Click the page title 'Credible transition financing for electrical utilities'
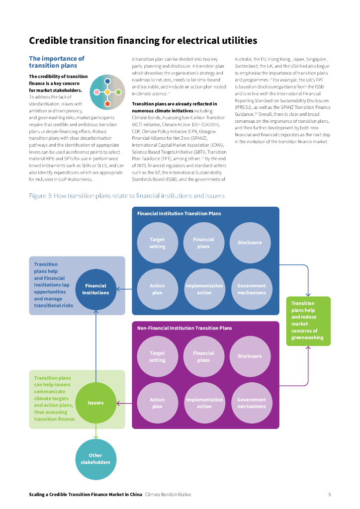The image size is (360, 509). (x=143, y=40)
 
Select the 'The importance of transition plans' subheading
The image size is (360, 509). (x=57, y=62)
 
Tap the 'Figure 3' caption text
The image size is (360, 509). (x=127, y=196)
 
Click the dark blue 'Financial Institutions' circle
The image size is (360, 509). (x=95, y=289)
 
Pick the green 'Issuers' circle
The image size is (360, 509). (x=95, y=403)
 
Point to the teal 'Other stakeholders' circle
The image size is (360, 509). (x=95, y=459)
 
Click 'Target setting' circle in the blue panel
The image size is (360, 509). (x=157, y=243)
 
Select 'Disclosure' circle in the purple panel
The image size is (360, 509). (x=250, y=356)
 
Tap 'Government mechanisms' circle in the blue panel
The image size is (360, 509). (x=252, y=289)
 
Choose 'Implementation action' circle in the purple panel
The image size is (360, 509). (x=204, y=403)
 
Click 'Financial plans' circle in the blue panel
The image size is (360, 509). (x=203, y=243)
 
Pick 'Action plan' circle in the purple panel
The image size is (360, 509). (x=157, y=403)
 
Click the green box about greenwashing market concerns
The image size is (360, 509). (x=308, y=321)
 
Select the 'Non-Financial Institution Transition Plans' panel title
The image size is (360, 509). (x=184, y=328)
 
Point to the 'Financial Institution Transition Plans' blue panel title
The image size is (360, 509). (x=179, y=214)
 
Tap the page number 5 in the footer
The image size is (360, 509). (x=329, y=495)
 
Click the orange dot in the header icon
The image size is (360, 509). (x=107, y=103)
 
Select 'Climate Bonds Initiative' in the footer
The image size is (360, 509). (x=168, y=495)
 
